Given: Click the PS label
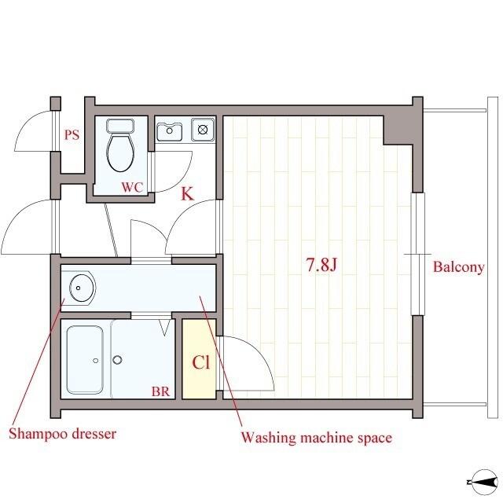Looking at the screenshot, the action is [x=72, y=134].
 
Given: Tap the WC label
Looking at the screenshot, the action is [x=132, y=187].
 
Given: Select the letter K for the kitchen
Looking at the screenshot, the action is [x=187, y=193].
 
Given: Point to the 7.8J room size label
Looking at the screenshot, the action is [x=321, y=265].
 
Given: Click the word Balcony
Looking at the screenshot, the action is [x=458, y=267].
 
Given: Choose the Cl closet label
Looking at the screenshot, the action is [x=201, y=362].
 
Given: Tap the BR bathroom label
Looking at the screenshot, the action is [x=160, y=391].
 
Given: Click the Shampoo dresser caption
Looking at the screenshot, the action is [x=62, y=434].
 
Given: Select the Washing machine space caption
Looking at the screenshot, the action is [x=317, y=438].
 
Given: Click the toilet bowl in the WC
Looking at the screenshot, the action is [x=120, y=152].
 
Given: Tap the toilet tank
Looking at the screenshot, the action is [x=120, y=126].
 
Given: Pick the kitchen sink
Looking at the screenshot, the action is [x=170, y=131].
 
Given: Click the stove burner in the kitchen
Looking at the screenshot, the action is [x=203, y=130].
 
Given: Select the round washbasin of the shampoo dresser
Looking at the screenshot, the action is [x=83, y=288].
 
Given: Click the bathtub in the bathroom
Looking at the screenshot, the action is [x=85, y=360].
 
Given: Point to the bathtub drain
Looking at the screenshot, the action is [x=95, y=361].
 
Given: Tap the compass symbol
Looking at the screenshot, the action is [x=483, y=482].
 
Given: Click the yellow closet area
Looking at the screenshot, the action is [x=199, y=359].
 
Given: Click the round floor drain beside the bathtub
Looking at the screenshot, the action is [x=117, y=360].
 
